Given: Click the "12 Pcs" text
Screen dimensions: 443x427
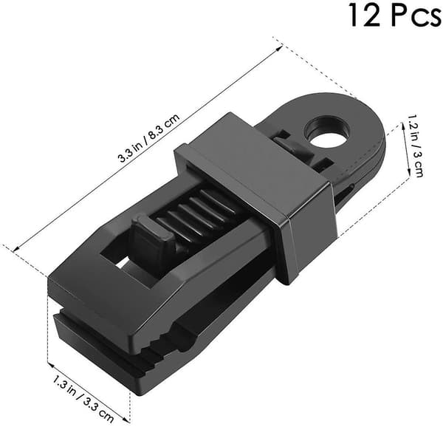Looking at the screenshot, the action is coord(395,15).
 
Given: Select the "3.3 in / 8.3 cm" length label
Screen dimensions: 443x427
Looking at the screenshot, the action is coord(149,138).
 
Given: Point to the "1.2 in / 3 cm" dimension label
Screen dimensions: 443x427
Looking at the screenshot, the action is coord(415,146).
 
